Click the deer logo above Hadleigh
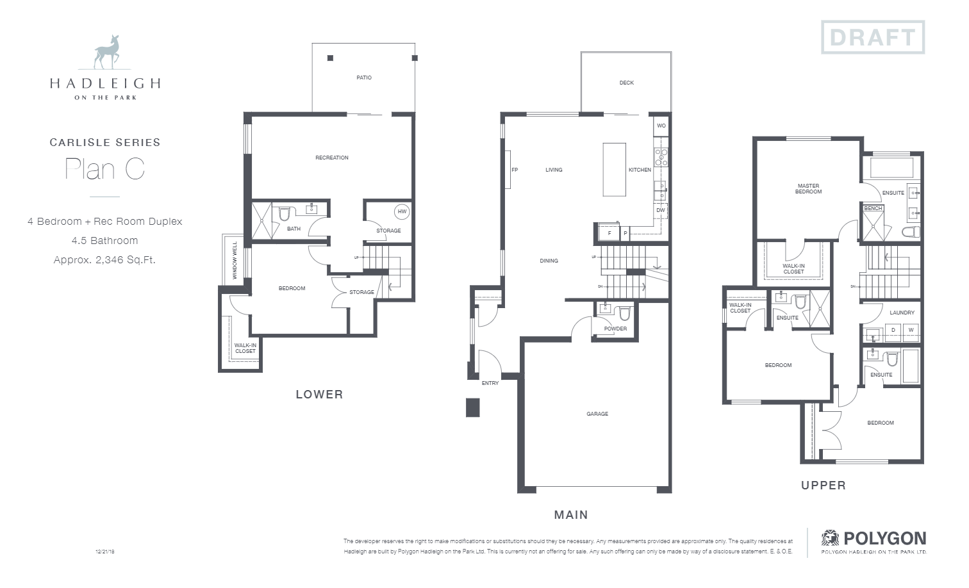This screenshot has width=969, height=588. [106, 53]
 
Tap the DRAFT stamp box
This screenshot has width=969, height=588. [872, 37]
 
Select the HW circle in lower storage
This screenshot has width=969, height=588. [402, 211]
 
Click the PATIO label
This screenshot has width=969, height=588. [364, 78]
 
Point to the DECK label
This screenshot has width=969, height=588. [626, 83]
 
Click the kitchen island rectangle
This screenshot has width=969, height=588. [614, 169]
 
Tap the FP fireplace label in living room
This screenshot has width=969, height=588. [514, 170]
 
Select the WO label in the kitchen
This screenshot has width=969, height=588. [661, 126]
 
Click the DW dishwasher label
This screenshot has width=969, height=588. [660, 210]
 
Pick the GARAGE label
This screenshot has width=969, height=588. [597, 414]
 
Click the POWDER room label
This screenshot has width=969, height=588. [615, 329]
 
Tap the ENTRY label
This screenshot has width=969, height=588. [490, 383]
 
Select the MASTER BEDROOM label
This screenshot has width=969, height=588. [808, 189]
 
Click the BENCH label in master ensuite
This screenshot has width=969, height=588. [873, 208]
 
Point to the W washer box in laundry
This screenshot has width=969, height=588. [910, 331]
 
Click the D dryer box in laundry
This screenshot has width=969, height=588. [893, 331]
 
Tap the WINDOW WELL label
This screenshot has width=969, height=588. [235, 260]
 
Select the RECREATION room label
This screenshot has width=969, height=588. [332, 158]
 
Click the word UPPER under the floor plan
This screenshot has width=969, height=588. [823, 486]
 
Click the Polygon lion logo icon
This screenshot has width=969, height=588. [830, 538]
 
